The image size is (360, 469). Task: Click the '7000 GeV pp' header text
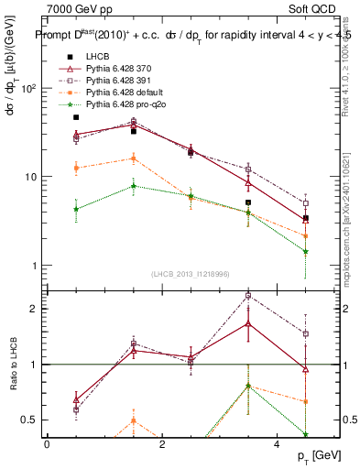point(76,8)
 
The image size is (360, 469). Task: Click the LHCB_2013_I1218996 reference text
point(191,274)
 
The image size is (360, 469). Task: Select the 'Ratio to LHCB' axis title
point(13,365)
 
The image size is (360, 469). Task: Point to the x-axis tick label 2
point(162,443)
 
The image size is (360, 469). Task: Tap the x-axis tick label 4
point(277,443)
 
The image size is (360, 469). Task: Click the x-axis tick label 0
point(47,443)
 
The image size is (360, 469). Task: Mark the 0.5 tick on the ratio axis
point(29,420)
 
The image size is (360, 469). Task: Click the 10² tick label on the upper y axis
point(27,89)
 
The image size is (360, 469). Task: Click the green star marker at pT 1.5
point(134,186)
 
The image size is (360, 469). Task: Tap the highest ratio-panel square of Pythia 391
point(248,295)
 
